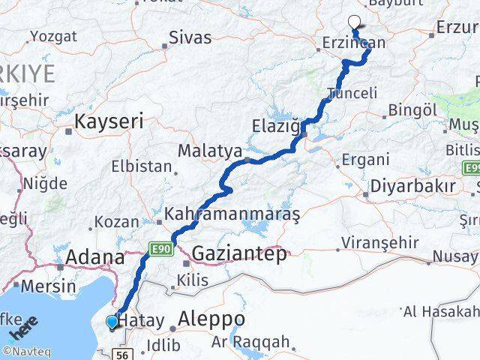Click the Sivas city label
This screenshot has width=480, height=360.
click(x=190, y=37)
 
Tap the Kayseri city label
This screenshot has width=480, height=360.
click(x=109, y=120)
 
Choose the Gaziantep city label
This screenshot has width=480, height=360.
click(x=238, y=254)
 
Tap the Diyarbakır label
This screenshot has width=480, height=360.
click(x=409, y=186)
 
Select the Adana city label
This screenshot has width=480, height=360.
click(x=95, y=257)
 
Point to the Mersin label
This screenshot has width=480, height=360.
click(x=47, y=286)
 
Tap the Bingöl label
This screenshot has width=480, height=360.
click(x=412, y=111)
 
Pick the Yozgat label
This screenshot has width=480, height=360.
click(x=52, y=35)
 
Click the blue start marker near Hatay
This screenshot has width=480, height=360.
click(x=112, y=322)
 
